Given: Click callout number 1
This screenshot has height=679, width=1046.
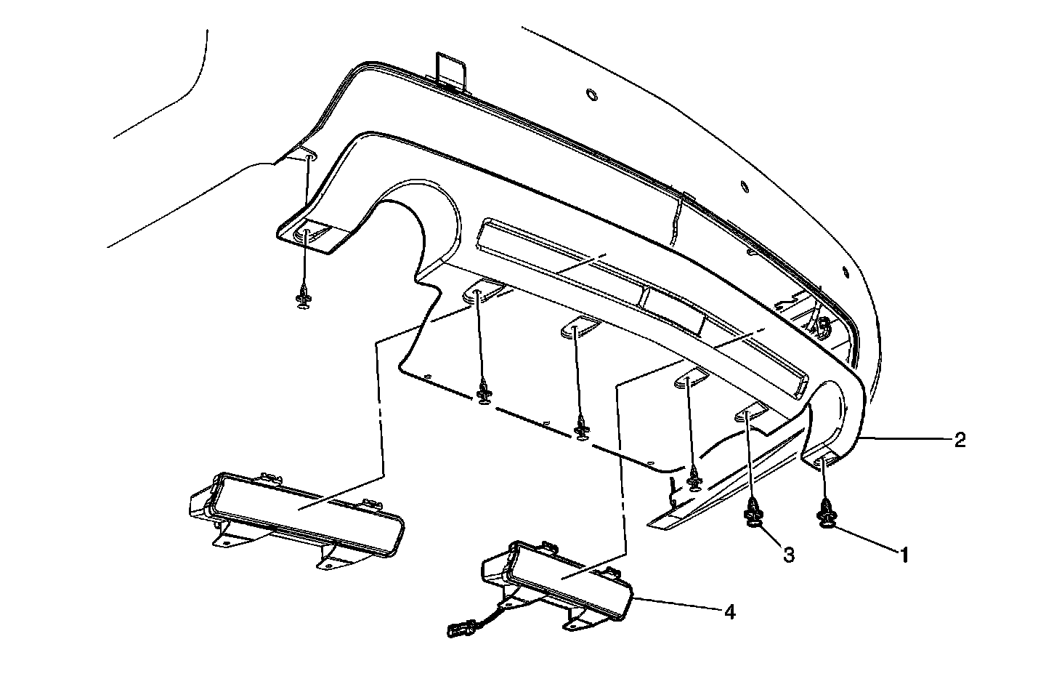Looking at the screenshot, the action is (904, 556).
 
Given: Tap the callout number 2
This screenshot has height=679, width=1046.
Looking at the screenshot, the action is (960, 441).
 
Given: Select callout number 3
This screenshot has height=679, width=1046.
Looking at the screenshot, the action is (788, 555).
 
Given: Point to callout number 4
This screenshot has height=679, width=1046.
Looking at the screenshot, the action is (729, 613).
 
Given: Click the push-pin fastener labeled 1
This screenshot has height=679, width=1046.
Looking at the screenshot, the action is (827, 512).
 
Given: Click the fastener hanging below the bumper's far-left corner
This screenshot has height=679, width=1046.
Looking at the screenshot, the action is (304, 298).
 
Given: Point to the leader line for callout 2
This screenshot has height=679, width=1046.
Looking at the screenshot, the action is (908, 439).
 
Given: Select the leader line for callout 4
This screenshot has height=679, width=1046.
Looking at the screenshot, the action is (676, 605).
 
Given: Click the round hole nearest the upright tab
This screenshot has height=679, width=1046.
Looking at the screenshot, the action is (591, 94).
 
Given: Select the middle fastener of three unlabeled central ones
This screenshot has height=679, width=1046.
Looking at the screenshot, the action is (581, 429).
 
